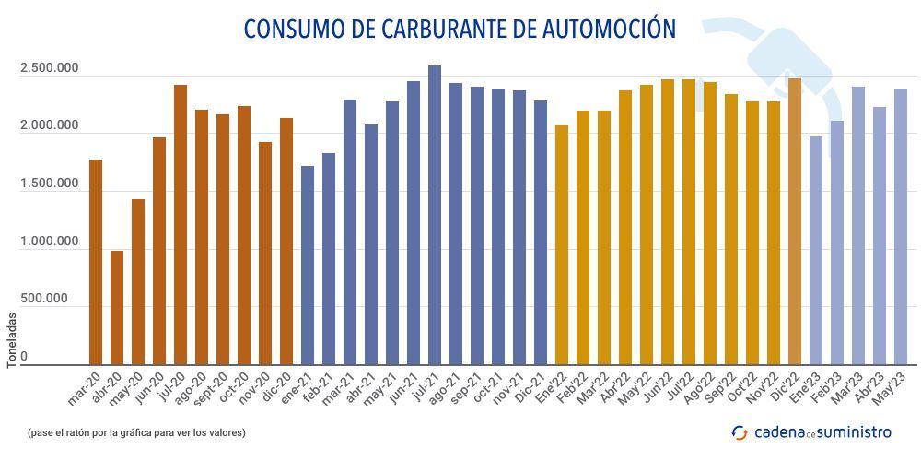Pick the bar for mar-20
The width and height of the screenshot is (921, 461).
pos(96,262)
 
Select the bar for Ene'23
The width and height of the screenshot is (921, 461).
pos(816,250)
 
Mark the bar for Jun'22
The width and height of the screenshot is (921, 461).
pos(668,221)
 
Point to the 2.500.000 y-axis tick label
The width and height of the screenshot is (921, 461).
pos(49,70)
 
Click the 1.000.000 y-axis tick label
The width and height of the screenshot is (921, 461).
pos(49,242)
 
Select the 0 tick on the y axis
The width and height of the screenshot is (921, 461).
pos(24,356)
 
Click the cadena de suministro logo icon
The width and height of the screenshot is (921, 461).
pos(739,431)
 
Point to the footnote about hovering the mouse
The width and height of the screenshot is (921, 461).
pos(136,431)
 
